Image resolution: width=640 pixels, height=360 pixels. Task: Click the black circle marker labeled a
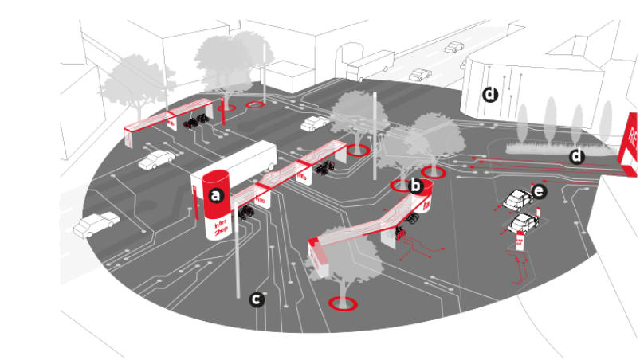tap(214, 194)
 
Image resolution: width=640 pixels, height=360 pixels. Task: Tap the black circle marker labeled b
tap(414, 186)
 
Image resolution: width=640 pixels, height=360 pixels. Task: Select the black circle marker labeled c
tap(257, 299)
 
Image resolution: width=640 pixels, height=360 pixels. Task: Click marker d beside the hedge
tap(577, 156)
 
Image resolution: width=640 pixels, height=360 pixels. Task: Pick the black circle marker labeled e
tap(540, 191)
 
